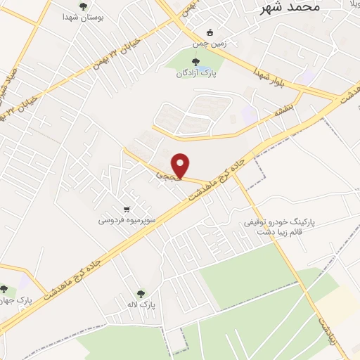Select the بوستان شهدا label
pyautogui.click(x=84, y=17)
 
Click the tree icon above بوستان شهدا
pyautogui.click(x=84, y=6)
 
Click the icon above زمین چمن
pyautogui.click(x=209, y=32)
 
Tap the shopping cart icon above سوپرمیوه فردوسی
pyautogui.click(x=127, y=209)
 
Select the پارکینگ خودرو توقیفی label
pyautogui.click(x=280, y=221)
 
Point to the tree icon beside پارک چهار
pyautogui.click(x=5, y=290)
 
